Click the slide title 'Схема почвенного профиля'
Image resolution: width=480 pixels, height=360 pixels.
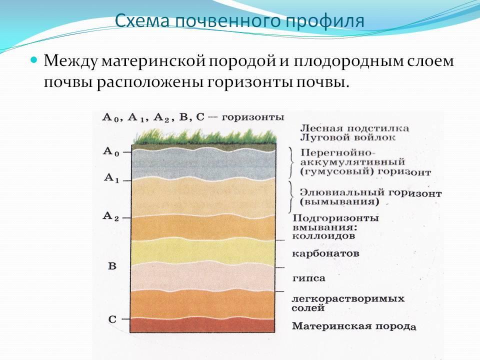click(239, 21)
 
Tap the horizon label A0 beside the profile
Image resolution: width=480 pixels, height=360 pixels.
click(111, 152)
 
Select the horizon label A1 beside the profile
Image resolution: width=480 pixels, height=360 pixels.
click(111, 178)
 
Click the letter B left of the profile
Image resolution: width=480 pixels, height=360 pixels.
click(112, 265)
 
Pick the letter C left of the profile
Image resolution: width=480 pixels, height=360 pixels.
click(112, 319)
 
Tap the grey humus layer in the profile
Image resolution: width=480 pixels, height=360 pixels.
click(203, 164)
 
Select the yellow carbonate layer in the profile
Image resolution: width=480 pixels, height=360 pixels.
click(203, 251)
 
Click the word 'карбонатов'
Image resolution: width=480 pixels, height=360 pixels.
click(325, 254)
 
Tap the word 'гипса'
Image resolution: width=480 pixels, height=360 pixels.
click(308, 278)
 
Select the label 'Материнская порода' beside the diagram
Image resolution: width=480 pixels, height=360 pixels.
click(354, 326)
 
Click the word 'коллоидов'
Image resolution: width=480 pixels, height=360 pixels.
click(323, 236)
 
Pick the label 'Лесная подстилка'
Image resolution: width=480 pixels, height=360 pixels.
click(354, 128)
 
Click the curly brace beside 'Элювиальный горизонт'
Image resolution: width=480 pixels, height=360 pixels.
click(291, 197)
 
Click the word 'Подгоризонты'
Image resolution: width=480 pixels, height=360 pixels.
click(335, 218)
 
